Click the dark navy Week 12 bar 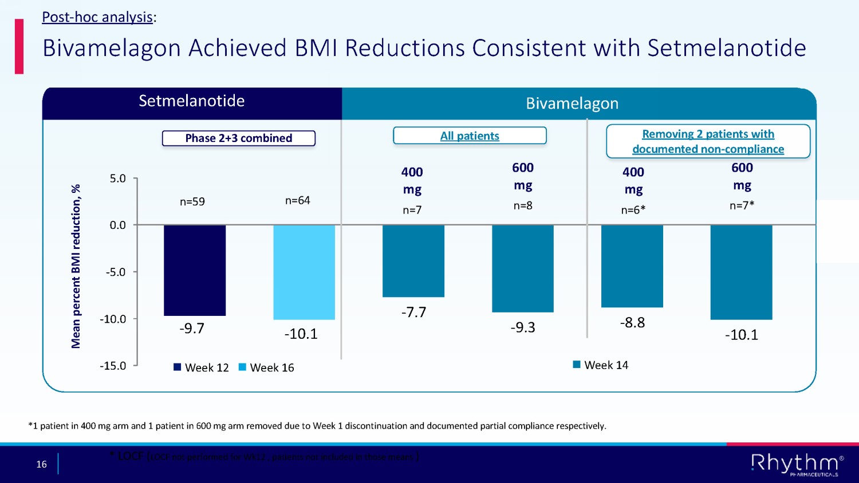point(195,270)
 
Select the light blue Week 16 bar point(304,272)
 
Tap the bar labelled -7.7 point(413,261)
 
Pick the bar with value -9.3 point(523,268)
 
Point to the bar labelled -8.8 point(632,266)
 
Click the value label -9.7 point(192,328)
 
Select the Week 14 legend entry point(601,365)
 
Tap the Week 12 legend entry point(202,367)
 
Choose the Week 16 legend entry point(266,367)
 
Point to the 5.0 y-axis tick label point(118,179)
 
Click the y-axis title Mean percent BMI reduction point(76,266)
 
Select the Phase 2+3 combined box point(239,138)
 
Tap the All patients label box point(470,136)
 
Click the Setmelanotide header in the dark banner point(192,101)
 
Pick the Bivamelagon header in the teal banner point(572,104)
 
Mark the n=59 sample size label point(192,201)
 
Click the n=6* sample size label point(633,210)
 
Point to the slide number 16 point(42,464)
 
